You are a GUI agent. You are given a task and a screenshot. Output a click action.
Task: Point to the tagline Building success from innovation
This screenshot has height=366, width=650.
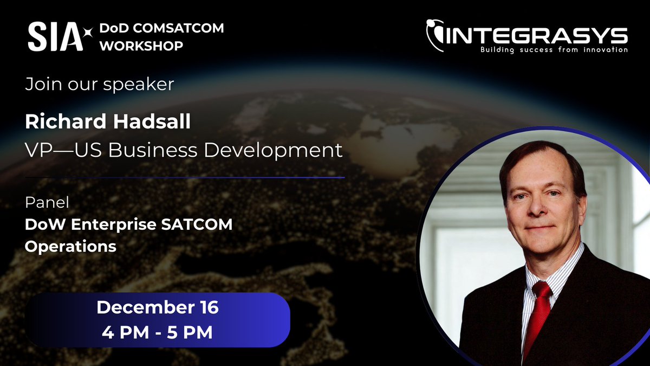[x=554, y=50]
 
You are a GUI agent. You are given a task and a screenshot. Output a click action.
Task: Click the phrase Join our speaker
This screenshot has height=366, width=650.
[x=100, y=85]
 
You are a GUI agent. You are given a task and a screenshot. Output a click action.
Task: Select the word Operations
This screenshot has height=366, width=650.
[x=70, y=246]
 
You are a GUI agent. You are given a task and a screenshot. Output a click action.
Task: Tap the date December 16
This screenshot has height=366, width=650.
[x=158, y=308]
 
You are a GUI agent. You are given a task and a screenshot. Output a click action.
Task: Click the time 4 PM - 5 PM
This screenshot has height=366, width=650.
[x=158, y=332]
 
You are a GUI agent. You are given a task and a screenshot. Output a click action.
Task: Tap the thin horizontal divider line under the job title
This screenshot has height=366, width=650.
[x=185, y=177]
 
